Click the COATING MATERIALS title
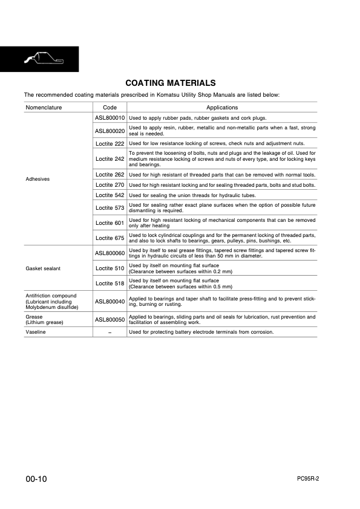(x=170, y=83)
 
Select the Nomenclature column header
(x=44, y=107)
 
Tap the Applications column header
(x=222, y=107)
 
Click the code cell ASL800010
(x=110, y=117)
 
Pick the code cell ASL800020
(x=110, y=131)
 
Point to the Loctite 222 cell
(x=110, y=143)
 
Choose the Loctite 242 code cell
(x=110, y=159)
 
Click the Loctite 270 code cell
(x=110, y=184)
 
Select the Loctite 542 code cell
(x=110, y=195)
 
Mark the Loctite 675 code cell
(x=110, y=238)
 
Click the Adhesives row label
(x=36, y=180)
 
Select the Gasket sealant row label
(x=42, y=268)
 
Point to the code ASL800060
(x=110, y=253)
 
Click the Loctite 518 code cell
(x=110, y=284)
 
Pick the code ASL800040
(x=110, y=300)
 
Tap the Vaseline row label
(x=36, y=332)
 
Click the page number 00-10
(x=36, y=479)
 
